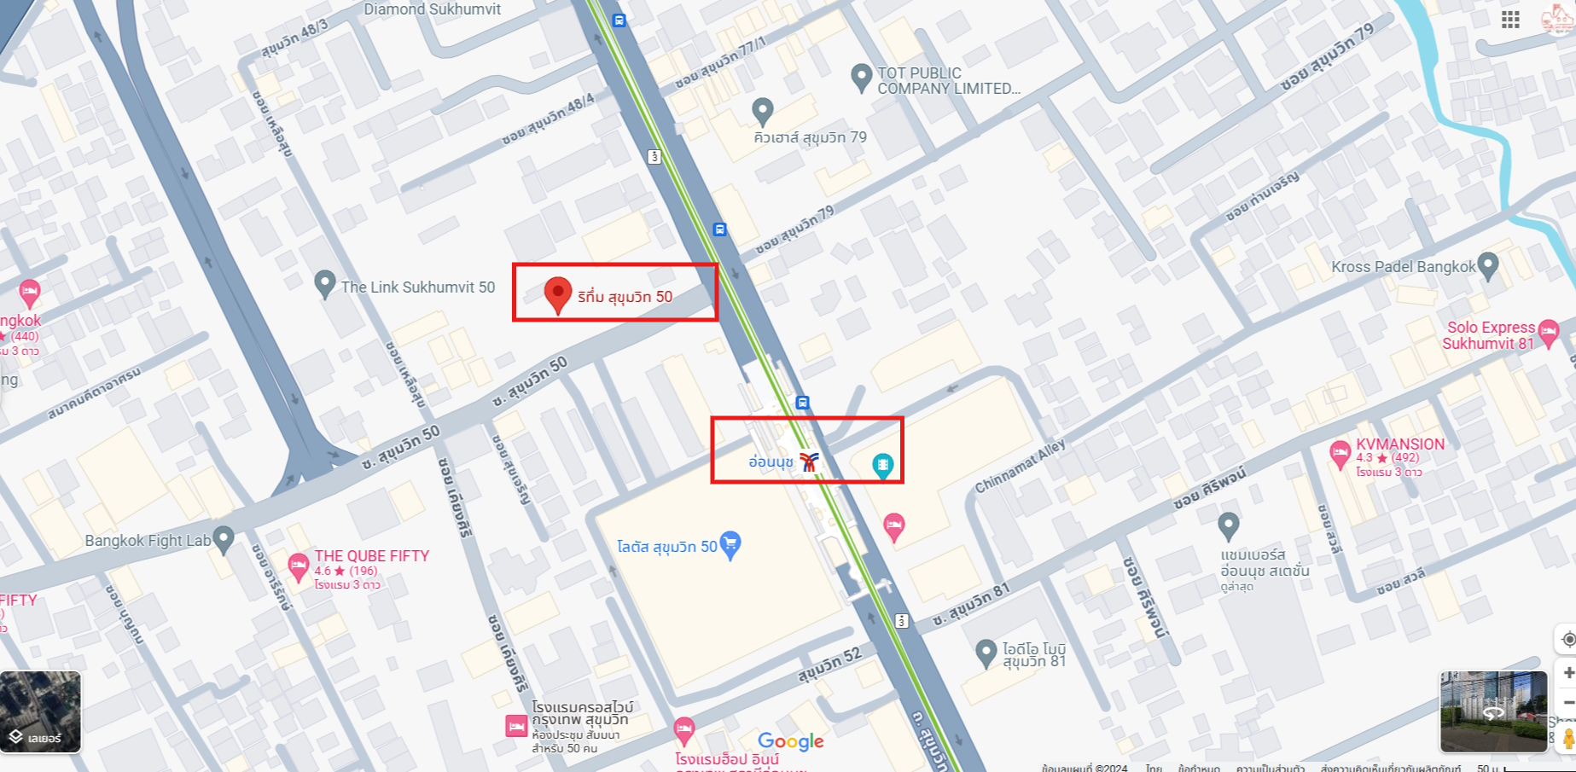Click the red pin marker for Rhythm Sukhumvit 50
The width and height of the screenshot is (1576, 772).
pyautogui.click(x=557, y=294)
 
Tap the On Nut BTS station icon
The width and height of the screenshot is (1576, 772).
pyautogui.click(x=809, y=461)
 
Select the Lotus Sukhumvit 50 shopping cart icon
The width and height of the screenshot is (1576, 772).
pyautogui.click(x=730, y=543)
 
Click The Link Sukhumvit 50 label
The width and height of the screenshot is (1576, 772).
pyautogui.click(x=417, y=287)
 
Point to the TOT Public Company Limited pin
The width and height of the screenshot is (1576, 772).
pyautogui.click(x=862, y=77)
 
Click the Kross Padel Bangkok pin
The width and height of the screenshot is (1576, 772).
pyautogui.click(x=1487, y=265)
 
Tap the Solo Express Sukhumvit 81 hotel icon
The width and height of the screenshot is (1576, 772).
pyautogui.click(x=1549, y=331)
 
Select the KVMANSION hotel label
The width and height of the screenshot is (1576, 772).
pyautogui.click(x=1399, y=444)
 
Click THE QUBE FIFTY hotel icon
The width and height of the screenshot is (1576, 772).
pyautogui.click(x=298, y=566)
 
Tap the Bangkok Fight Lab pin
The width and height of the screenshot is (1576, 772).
pyautogui.click(x=224, y=538)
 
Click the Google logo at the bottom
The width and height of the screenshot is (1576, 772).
pyautogui.click(x=790, y=741)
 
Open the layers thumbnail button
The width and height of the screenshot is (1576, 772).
pyautogui.click(x=40, y=711)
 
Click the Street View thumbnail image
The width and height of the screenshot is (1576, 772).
pyautogui.click(x=1493, y=711)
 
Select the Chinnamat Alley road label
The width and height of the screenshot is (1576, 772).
pyautogui.click(x=1020, y=467)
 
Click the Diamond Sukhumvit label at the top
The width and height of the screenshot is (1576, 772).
pyautogui.click(x=432, y=9)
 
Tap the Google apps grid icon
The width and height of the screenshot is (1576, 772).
pyautogui.click(x=1510, y=20)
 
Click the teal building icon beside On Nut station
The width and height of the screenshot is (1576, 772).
pyautogui.click(x=882, y=465)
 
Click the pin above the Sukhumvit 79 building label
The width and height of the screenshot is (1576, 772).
pyautogui.click(x=762, y=110)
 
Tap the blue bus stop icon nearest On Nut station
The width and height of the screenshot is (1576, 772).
pyautogui.click(x=802, y=402)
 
